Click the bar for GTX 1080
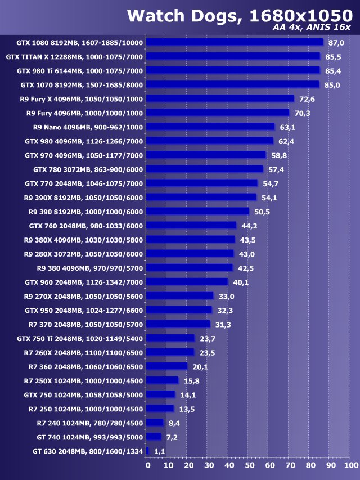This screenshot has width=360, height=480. click(235, 42)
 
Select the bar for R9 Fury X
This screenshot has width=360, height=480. click(220, 98)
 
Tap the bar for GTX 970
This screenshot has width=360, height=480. click(206, 155)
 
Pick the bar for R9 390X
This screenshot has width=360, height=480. click(201, 197)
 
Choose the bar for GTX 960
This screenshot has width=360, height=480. click(187, 281)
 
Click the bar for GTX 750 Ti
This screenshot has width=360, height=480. click(170, 338)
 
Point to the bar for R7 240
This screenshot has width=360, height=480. click(155, 423)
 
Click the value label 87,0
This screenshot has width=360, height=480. click(336, 43)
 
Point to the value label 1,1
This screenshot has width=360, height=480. click(160, 451)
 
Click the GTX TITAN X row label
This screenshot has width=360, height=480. click(74, 57)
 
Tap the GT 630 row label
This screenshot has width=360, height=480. click(80, 451)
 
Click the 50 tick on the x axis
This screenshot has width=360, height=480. click(249, 465)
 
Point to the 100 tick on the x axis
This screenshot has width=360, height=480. click(350, 465)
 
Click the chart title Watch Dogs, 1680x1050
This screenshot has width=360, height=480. click(238, 16)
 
